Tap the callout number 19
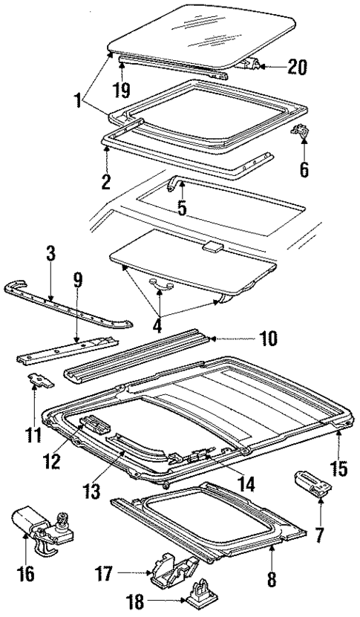click(x=122, y=91)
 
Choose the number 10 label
click(x=268, y=339)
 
